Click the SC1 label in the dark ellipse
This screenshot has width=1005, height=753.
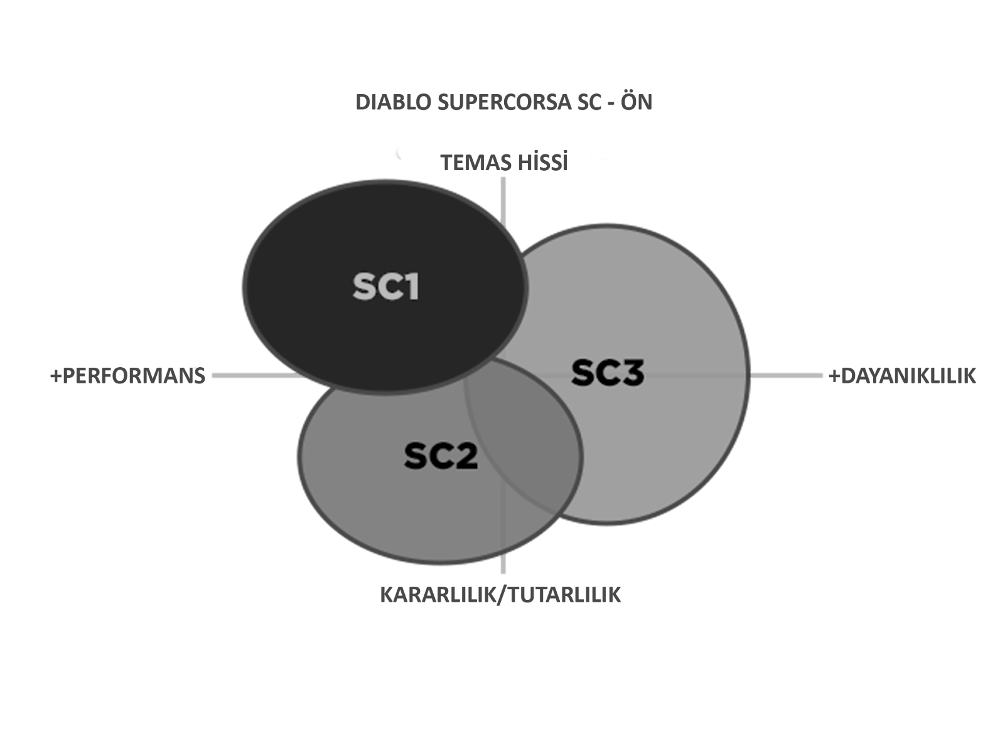[x=386, y=287]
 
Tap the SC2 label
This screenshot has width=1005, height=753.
[x=441, y=456]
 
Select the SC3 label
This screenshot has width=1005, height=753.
[x=608, y=372]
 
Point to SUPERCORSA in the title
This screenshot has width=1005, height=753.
[x=504, y=102]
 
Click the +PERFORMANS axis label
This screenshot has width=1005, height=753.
[x=127, y=376]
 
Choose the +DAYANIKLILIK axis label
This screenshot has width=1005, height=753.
[x=902, y=376]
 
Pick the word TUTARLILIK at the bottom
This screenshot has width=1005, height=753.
[x=564, y=595]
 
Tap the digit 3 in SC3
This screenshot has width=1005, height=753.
[x=632, y=372]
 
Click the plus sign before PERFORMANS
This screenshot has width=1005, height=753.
[x=56, y=376]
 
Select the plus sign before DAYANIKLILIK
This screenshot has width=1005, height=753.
[x=835, y=376]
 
